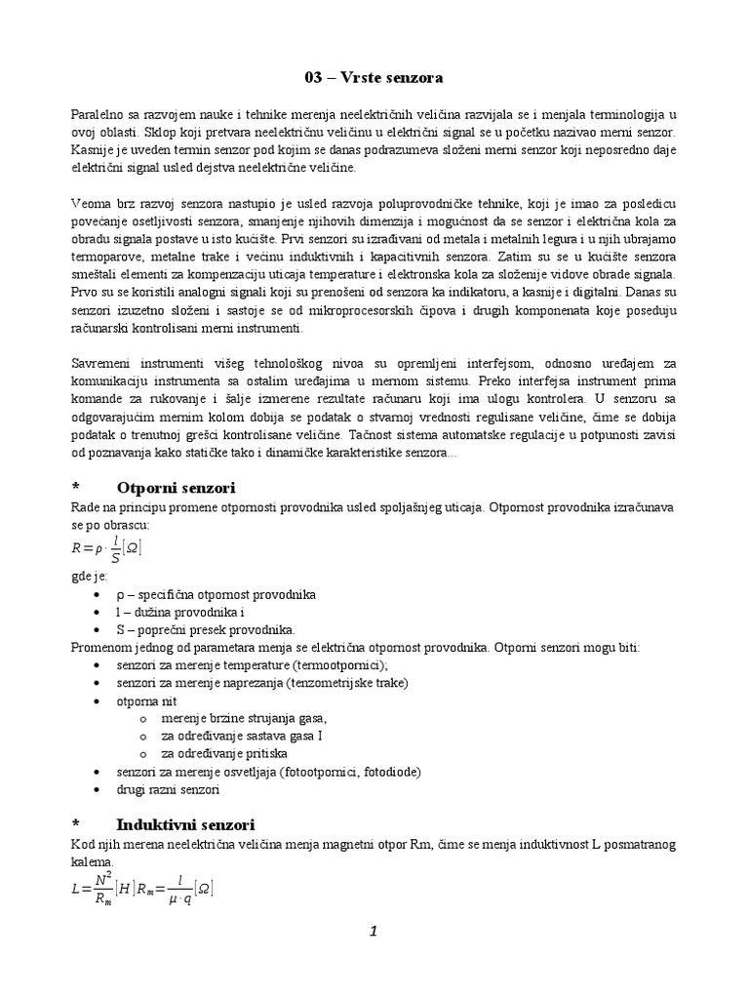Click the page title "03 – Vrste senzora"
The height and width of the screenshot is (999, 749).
[x=374, y=76]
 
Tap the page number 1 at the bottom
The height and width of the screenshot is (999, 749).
[x=373, y=932]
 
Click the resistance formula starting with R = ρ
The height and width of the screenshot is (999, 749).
[x=107, y=549]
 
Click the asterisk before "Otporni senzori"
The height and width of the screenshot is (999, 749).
[x=76, y=488]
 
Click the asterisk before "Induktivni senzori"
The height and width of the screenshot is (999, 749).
[x=76, y=825]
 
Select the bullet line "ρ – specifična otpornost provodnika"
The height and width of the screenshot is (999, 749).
[x=216, y=594]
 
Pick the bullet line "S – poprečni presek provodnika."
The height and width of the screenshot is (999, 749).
[x=205, y=629]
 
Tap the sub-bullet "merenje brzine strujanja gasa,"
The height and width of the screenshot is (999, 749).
[x=230, y=718]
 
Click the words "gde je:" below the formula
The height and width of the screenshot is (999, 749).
[x=90, y=577]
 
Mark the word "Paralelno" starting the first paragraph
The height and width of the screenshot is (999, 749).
[x=99, y=114]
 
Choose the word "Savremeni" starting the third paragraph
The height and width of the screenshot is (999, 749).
[x=101, y=363]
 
